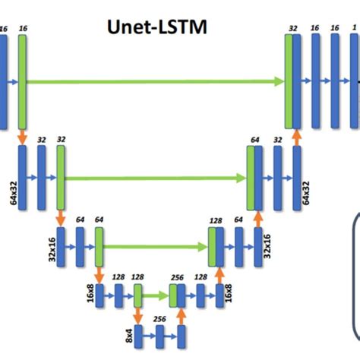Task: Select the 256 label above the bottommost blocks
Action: coord(159,320)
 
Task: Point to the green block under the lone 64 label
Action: coord(99,247)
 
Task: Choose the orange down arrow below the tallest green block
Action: coord(22,136)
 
